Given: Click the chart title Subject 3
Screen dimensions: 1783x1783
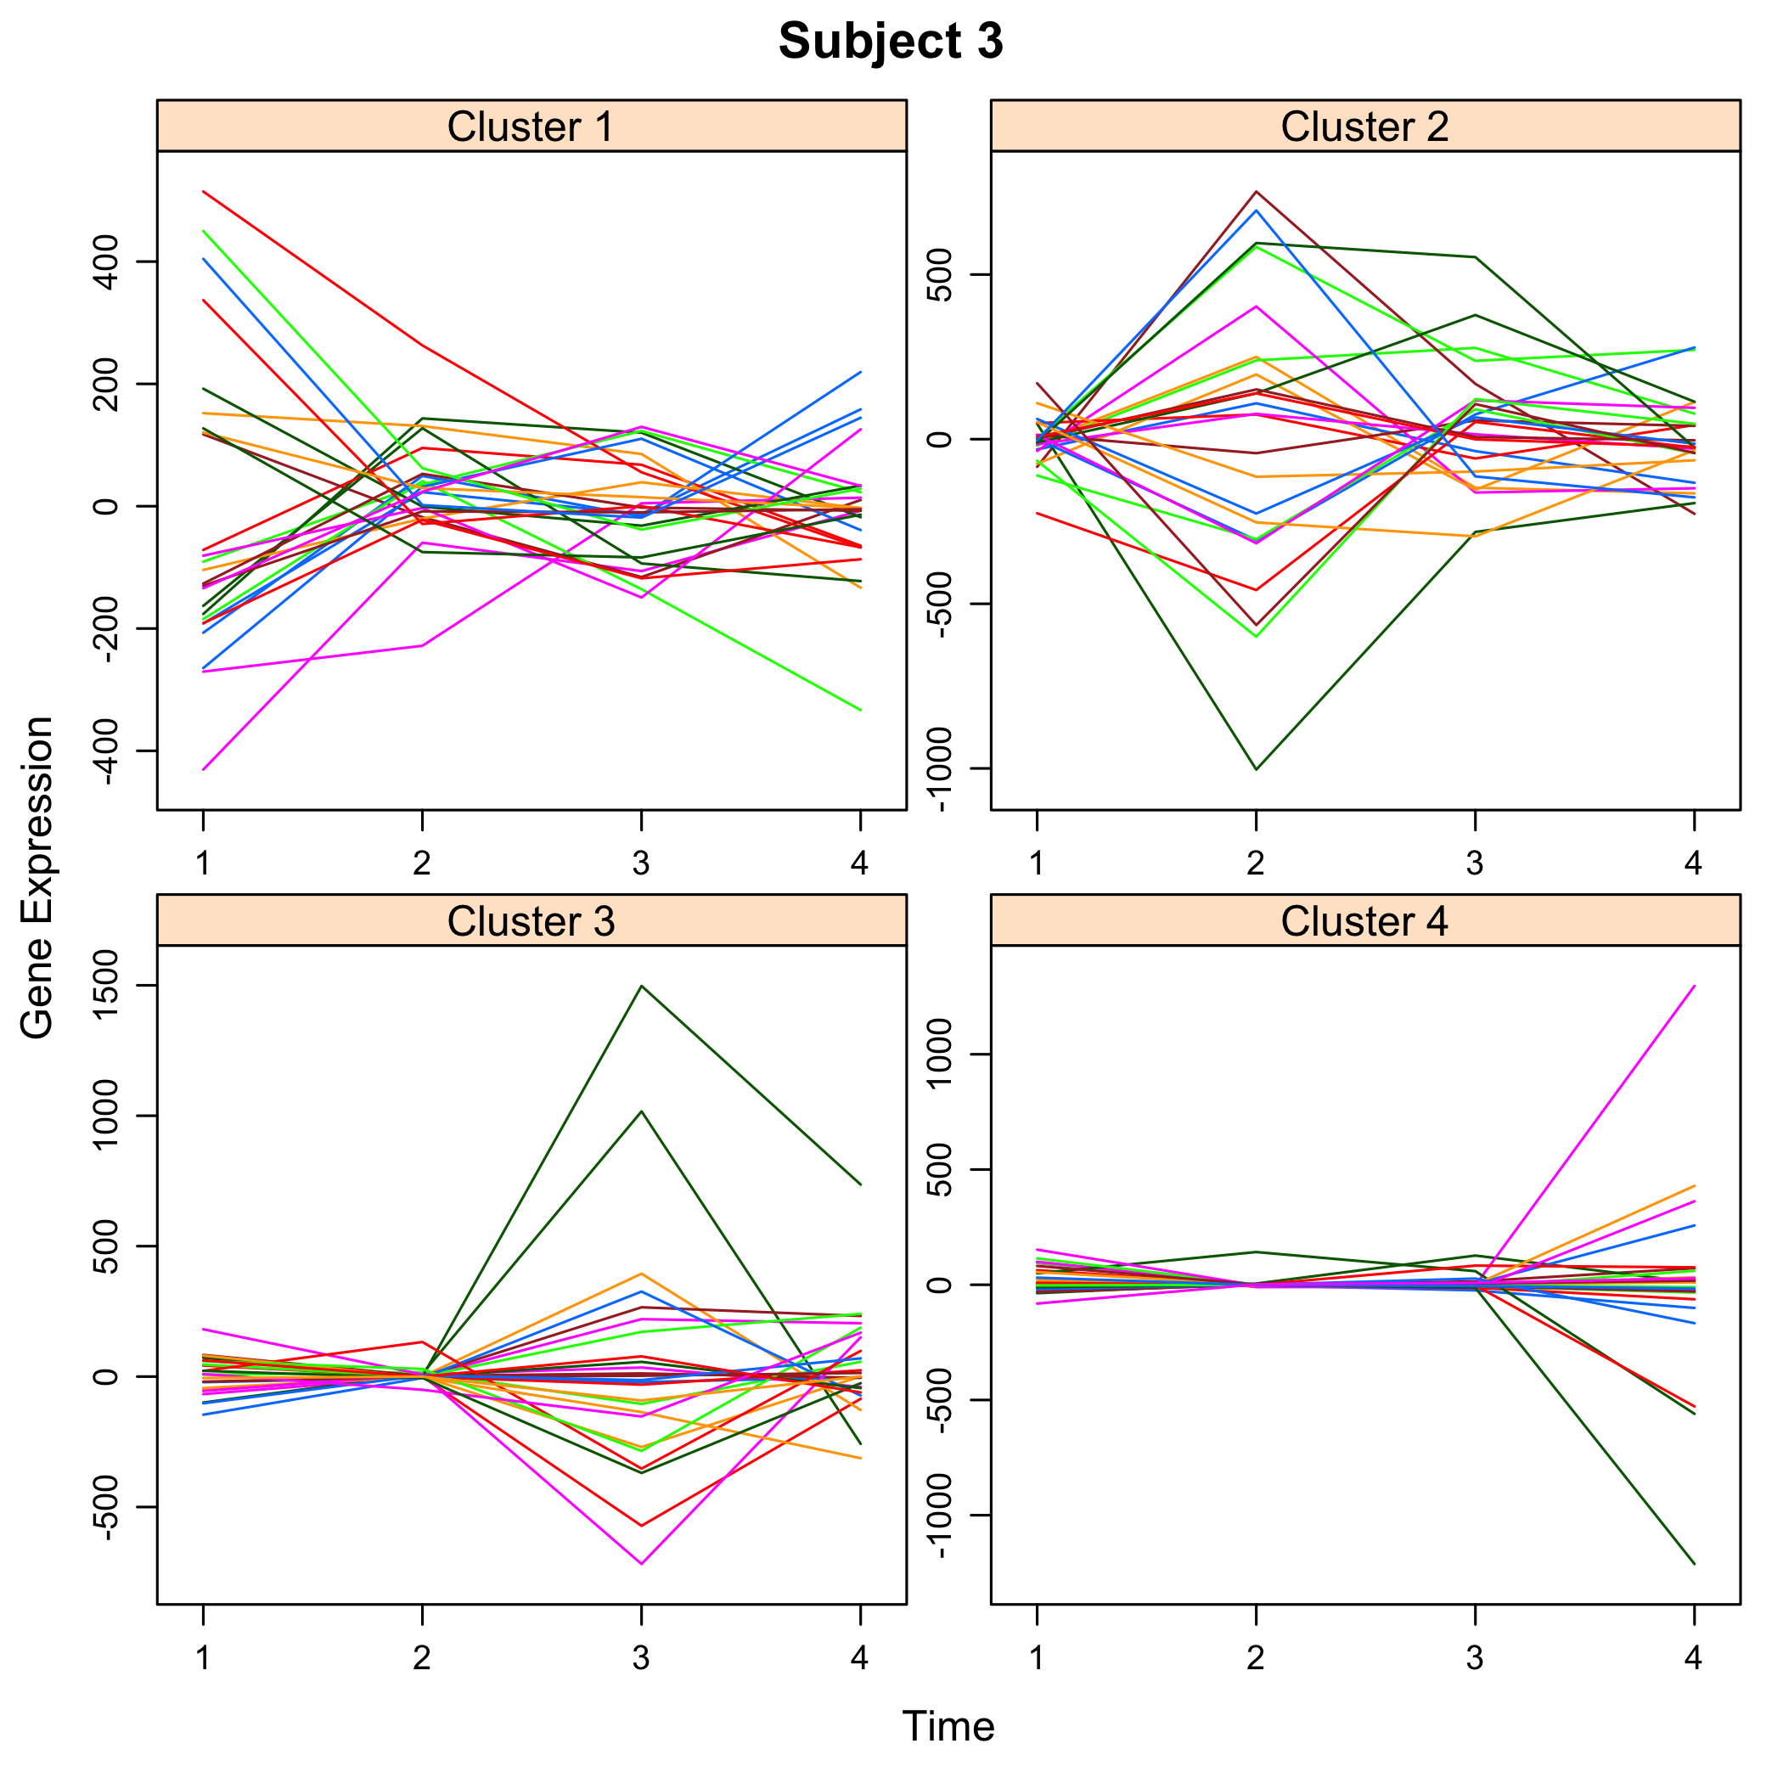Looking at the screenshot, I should point(891,42).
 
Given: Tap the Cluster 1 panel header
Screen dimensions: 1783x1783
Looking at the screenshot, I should point(531,127).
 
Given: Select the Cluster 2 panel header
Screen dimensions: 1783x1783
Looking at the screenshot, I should point(1364,127).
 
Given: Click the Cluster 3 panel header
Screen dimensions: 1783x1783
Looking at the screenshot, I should point(531,921).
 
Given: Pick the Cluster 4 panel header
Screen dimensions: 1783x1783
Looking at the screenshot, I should point(1364,921).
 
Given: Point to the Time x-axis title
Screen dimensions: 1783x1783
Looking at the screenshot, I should point(948,1726).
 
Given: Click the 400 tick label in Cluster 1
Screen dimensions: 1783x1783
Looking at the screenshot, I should point(107,262).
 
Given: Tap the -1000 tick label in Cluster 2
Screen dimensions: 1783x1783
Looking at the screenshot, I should point(941,768).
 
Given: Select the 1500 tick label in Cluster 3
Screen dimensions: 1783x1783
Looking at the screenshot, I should point(107,986).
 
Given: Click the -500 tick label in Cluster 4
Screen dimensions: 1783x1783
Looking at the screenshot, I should point(941,1401).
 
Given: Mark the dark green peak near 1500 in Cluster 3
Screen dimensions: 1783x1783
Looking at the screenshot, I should point(641,986).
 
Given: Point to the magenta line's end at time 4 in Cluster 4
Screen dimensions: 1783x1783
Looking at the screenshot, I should point(1695,986).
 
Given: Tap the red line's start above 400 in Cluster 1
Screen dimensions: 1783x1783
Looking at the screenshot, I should point(204,191).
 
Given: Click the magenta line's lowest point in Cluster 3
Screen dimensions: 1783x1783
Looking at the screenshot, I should point(641,1563).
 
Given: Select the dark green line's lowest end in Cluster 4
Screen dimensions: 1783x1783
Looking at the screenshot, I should point(1695,1563).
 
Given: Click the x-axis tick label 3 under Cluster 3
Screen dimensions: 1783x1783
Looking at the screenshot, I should point(641,1658).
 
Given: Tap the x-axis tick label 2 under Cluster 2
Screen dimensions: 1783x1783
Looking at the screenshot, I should point(1256,863).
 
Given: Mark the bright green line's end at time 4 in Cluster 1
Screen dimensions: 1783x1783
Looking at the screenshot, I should point(860,710).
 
